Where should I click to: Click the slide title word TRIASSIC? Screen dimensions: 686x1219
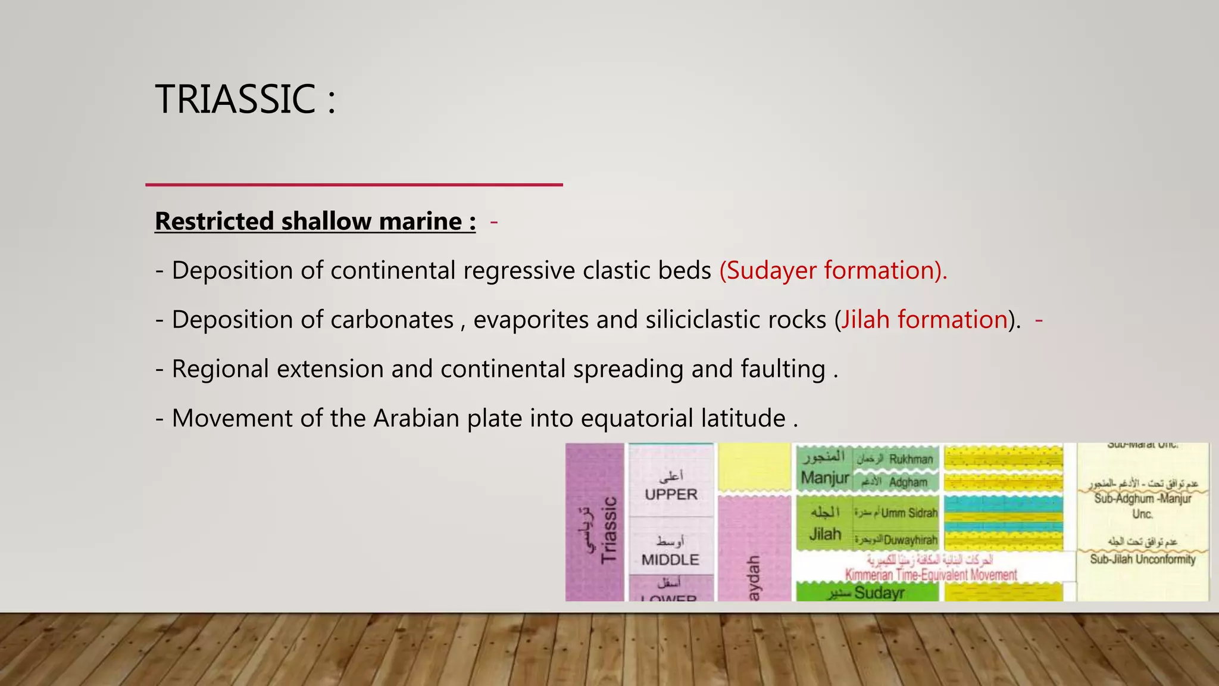click(x=236, y=99)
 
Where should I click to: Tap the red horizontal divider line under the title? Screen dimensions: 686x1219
click(x=354, y=185)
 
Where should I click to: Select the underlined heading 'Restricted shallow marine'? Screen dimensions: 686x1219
click(x=315, y=222)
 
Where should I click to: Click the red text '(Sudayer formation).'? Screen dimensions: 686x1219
click(x=833, y=270)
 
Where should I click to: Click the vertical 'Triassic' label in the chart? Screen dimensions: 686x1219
click(x=608, y=530)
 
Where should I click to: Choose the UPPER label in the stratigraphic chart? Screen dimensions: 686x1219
click(x=671, y=494)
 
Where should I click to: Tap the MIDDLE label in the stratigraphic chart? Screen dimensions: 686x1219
click(x=670, y=560)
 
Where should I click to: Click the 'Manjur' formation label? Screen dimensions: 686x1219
click(x=824, y=478)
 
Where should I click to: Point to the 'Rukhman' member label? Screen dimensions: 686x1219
click(x=911, y=459)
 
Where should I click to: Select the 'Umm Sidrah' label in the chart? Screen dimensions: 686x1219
click(x=909, y=513)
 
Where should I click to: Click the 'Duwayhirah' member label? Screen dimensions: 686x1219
click(x=910, y=541)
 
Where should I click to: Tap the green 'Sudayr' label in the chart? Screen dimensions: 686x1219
click(x=879, y=593)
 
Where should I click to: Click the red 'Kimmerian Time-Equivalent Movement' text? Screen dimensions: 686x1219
click(x=931, y=575)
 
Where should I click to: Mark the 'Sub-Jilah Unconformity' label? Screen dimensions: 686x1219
click(x=1142, y=559)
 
